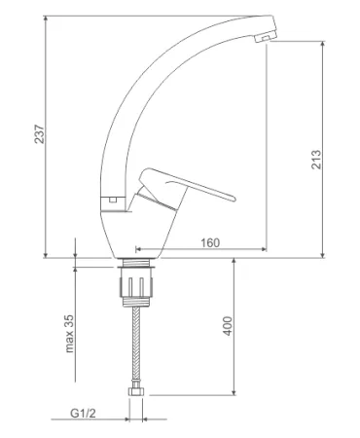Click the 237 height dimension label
(x=40, y=133)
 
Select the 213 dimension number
(x=316, y=159)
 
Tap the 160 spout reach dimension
(x=210, y=242)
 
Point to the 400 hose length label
(x=228, y=326)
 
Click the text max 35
(x=69, y=333)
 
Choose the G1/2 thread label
(x=83, y=414)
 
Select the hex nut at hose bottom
(x=136, y=392)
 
